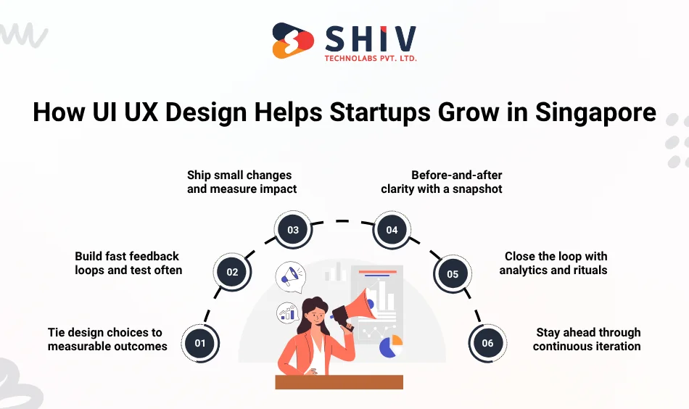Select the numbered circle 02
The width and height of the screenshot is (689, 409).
pos(232,273)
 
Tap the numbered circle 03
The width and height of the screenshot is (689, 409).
pos(293,230)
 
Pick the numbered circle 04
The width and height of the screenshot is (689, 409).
pos(392,230)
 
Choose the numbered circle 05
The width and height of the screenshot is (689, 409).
pos(453,274)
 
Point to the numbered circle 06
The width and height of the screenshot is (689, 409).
pos(487,343)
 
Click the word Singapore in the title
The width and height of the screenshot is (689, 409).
pos(595,112)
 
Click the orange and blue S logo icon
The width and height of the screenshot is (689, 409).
pos(293,41)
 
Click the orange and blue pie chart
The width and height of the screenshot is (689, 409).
pos(391,346)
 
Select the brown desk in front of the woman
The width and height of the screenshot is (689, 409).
pos(339,382)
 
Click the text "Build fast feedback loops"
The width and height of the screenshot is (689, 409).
pos(127,256)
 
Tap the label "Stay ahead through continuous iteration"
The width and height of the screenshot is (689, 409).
pos(587,339)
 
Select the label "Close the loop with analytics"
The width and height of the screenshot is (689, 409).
pos(556,263)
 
